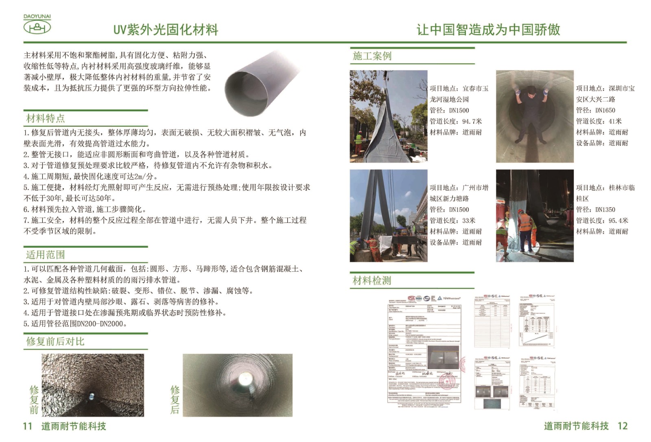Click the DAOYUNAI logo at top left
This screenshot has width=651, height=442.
tap(37, 25)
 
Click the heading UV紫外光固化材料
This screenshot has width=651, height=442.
tap(166, 30)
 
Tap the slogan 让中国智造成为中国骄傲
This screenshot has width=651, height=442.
tap(488, 30)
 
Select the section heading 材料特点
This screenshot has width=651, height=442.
tap(45, 119)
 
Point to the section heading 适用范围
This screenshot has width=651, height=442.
tap(45, 255)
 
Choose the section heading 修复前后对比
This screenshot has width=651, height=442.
tap(55, 341)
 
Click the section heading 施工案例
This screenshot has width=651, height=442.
tap(372, 56)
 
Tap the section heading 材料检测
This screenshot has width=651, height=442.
tap(371, 280)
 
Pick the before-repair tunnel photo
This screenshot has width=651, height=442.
tap(93, 385)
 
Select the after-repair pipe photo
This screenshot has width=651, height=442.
tap(238, 385)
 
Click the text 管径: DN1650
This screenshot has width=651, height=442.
tap(595, 110)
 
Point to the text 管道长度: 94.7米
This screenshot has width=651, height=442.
tap(456, 121)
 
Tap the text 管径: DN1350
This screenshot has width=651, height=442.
tap(595, 210)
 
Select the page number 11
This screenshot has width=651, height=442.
tap(27, 426)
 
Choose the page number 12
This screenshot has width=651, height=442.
tap(623, 426)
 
